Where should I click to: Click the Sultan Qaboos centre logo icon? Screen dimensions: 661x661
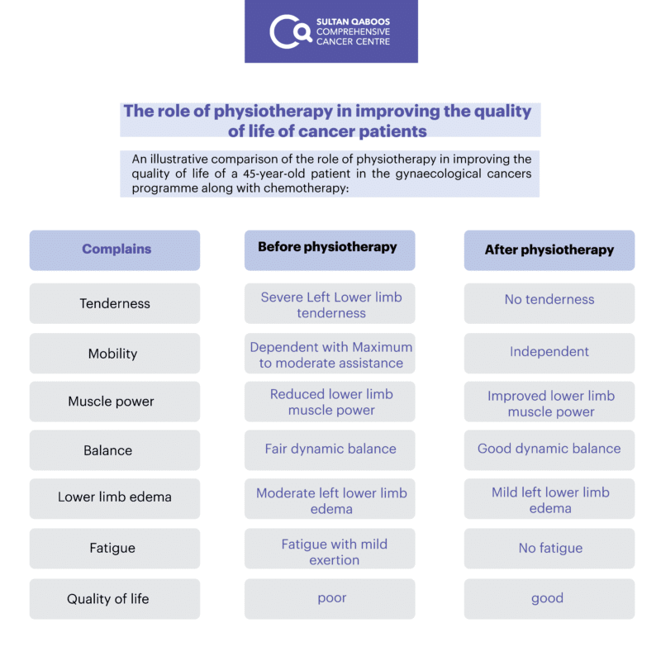tap(291, 31)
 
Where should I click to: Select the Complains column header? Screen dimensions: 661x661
tap(115, 250)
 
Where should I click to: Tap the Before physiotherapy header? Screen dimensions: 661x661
tap(330, 250)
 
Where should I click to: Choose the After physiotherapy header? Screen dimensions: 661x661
tap(549, 250)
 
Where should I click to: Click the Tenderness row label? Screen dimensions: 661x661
tap(115, 303)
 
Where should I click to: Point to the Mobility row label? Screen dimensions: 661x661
tap(115, 354)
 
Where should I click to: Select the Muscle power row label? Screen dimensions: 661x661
tap(115, 402)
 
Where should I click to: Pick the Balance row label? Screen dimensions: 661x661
tap(115, 450)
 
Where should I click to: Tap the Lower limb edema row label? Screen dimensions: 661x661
tap(115, 499)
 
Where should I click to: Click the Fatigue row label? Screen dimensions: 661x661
tap(115, 549)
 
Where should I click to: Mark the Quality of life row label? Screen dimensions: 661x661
tap(115, 598)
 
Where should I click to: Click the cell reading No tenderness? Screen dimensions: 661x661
tap(549, 303)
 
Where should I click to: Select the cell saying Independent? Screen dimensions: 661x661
tap(549, 354)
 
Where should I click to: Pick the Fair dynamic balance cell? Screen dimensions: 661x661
tap(330, 450)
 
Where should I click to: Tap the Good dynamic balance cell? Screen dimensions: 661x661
tap(549, 450)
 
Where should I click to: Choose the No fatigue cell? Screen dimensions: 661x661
tap(549, 549)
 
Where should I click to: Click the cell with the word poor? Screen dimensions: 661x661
tap(330, 598)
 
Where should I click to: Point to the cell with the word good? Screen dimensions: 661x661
tap(549, 598)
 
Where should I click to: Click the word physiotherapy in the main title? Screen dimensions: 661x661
tap(273, 112)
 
